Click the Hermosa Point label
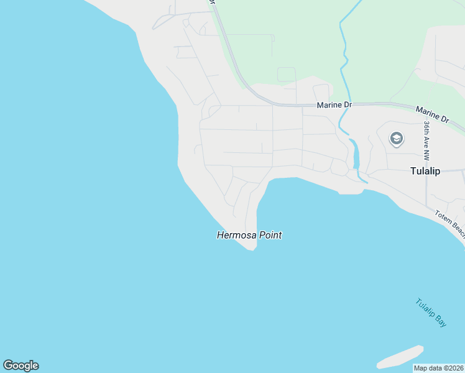tap(249, 236)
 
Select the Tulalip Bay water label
tap(431, 313)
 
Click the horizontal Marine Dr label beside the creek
tap(334, 105)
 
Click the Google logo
tap(21, 366)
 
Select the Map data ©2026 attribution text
tap(439, 368)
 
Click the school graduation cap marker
tap(396, 139)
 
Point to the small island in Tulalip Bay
tap(400, 356)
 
